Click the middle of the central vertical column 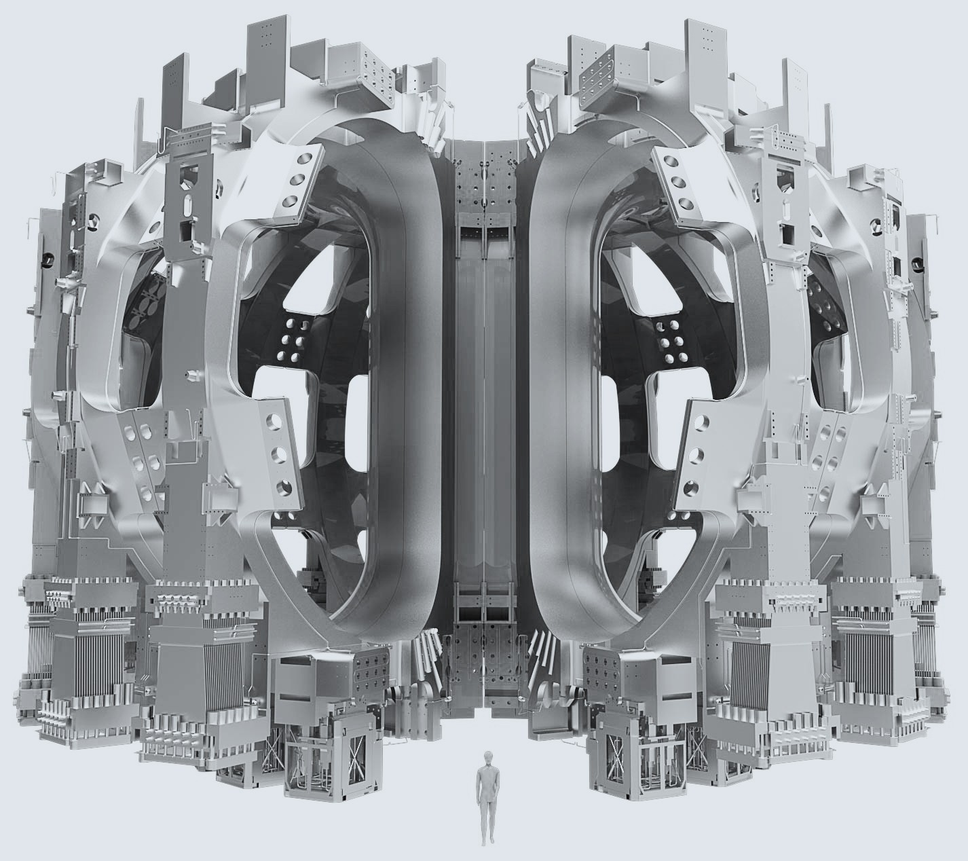pyautogui.click(x=483, y=407)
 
